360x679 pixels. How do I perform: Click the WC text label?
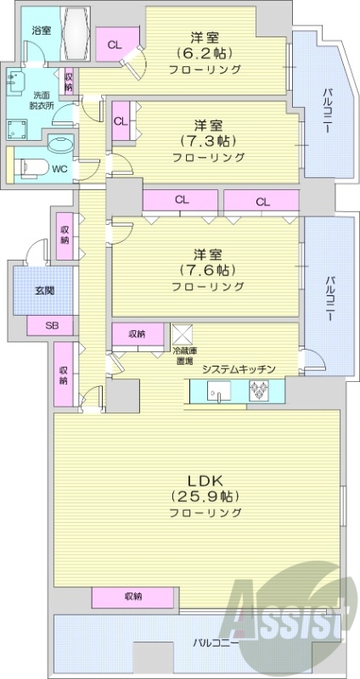pyautogui.click(x=59, y=168)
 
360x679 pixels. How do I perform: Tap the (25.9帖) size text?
pyautogui.click(x=205, y=496)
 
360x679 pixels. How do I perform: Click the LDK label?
pyautogui.click(x=205, y=478)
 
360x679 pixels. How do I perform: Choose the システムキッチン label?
pyautogui.click(x=238, y=368)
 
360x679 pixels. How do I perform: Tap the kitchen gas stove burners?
pyautogui.click(x=258, y=391)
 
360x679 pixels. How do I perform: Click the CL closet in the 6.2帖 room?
pyautogui.click(x=113, y=43)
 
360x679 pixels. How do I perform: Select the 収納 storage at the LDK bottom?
pyautogui.click(x=133, y=596)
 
